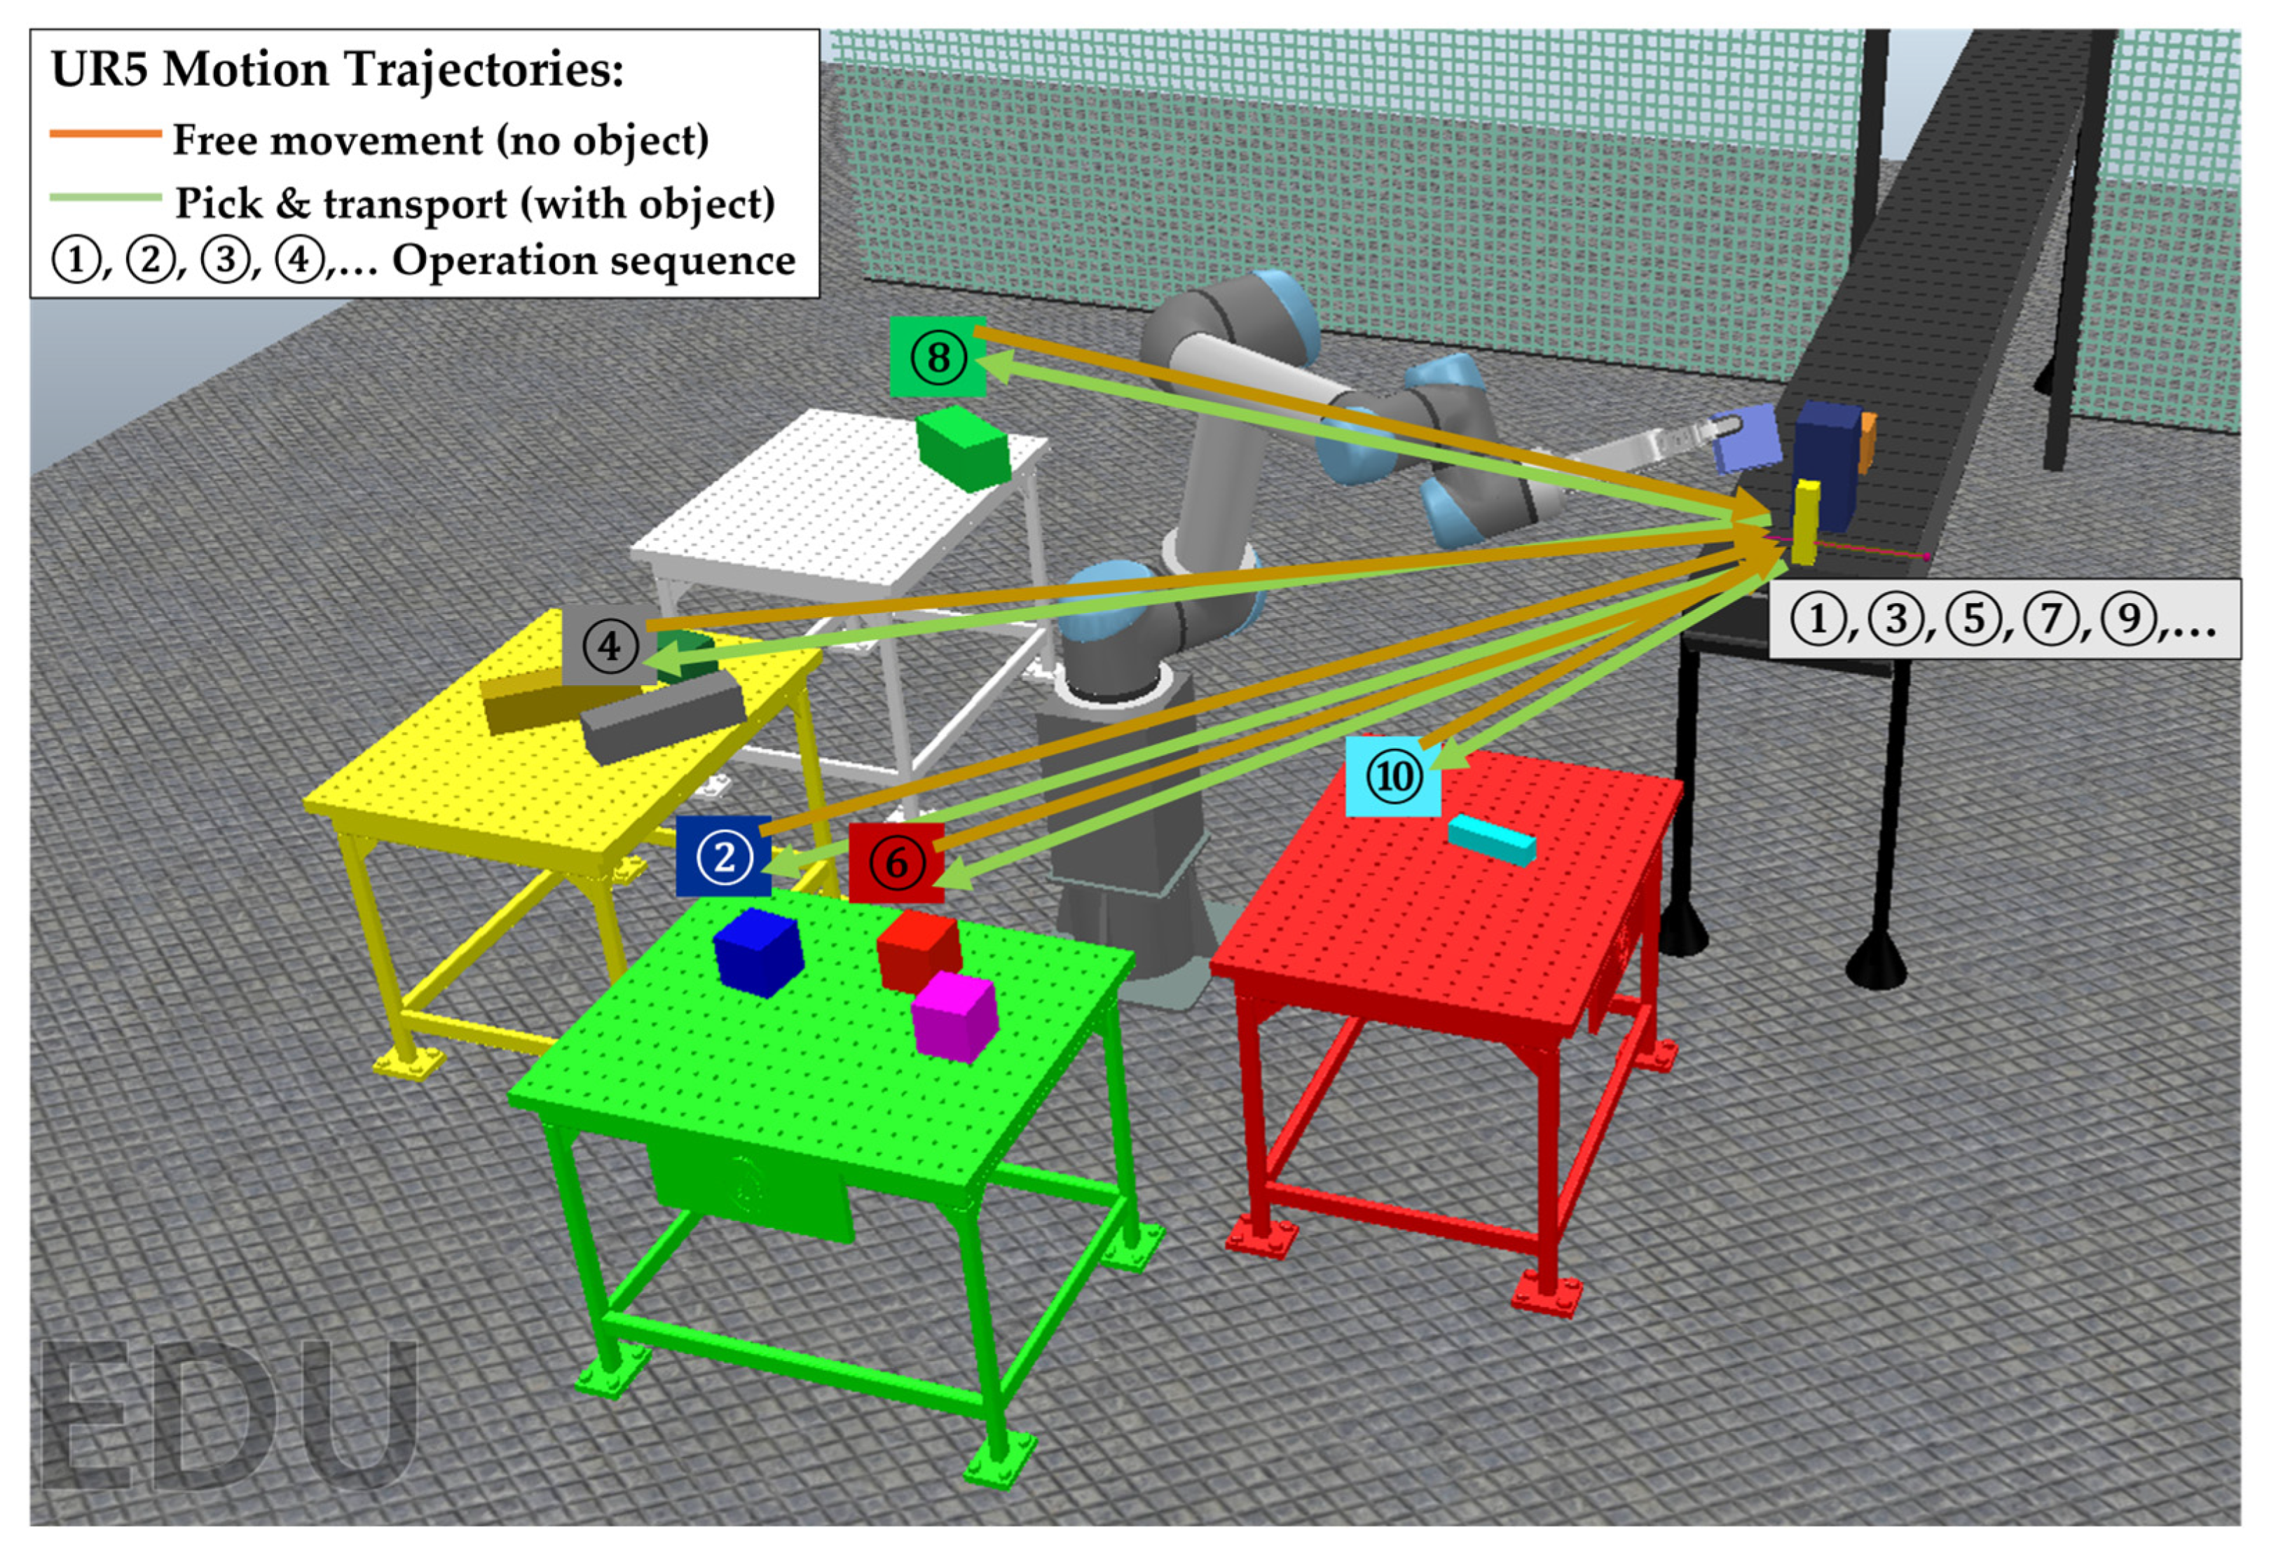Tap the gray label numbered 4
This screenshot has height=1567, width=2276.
point(609,646)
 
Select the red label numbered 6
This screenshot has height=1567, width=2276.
point(896,862)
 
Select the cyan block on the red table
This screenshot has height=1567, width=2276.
point(1491,839)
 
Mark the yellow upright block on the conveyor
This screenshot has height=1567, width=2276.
point(1804,523)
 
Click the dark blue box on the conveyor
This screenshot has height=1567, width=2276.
point(1828,462)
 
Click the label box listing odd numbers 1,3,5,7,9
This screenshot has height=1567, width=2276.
point(2003,619)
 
